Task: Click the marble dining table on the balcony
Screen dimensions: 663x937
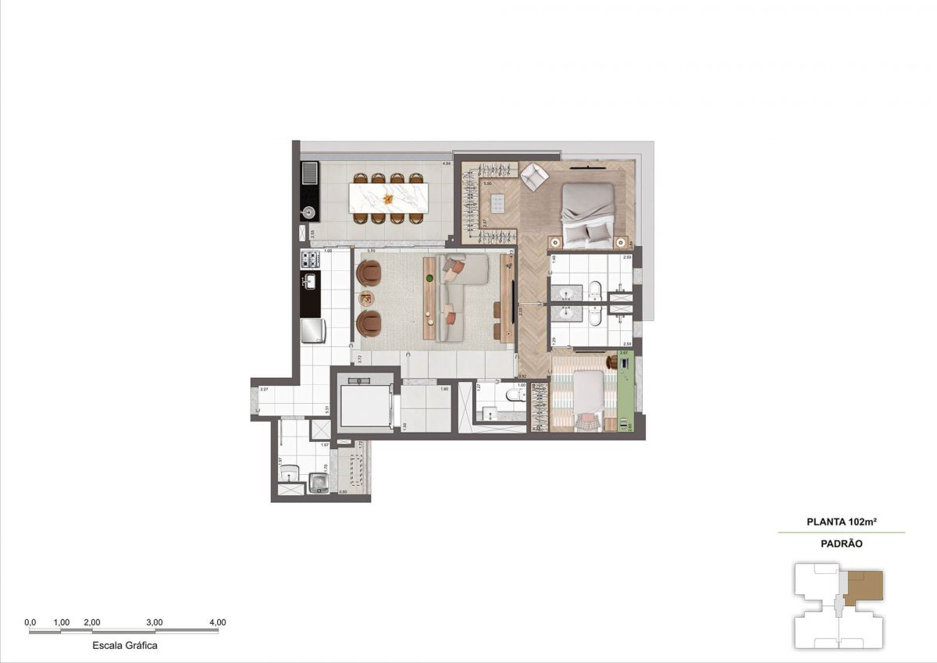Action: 387,198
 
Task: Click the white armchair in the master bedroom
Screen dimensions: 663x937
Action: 535,176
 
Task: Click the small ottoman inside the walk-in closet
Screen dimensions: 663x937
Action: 500,204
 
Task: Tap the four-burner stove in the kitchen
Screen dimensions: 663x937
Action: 310,258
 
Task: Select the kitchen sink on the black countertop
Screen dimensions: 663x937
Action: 310,282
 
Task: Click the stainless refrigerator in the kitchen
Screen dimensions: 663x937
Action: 313,330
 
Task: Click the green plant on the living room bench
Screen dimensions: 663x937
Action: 429,277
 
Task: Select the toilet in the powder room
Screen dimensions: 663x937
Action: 513,395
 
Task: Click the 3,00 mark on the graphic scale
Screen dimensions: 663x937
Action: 155,622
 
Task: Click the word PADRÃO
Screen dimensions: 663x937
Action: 841,544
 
